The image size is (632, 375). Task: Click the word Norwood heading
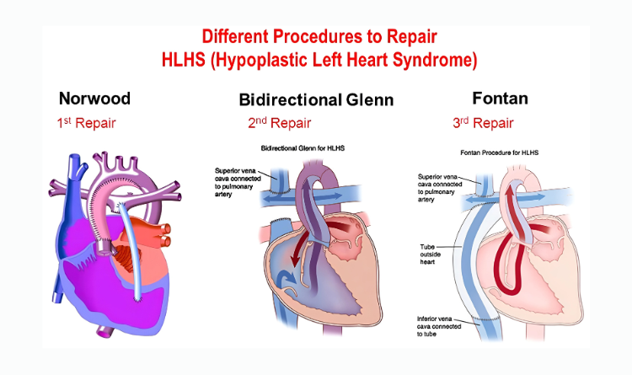[94, 99]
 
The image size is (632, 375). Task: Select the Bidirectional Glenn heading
[316, 99]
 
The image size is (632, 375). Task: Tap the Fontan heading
[501, 99]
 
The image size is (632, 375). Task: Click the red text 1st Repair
[86, 123]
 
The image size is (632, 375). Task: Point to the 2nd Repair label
[279, 123]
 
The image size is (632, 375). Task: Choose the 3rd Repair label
[483, 123]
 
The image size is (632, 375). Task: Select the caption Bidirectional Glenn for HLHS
[303, 148]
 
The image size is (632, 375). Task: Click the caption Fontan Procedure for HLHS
[500, 153]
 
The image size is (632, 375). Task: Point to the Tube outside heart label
[430, 254]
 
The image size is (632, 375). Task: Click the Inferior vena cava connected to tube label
[439, 326]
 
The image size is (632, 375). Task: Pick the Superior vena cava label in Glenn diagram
[238, 182]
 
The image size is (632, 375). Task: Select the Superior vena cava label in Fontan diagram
[440, 188]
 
